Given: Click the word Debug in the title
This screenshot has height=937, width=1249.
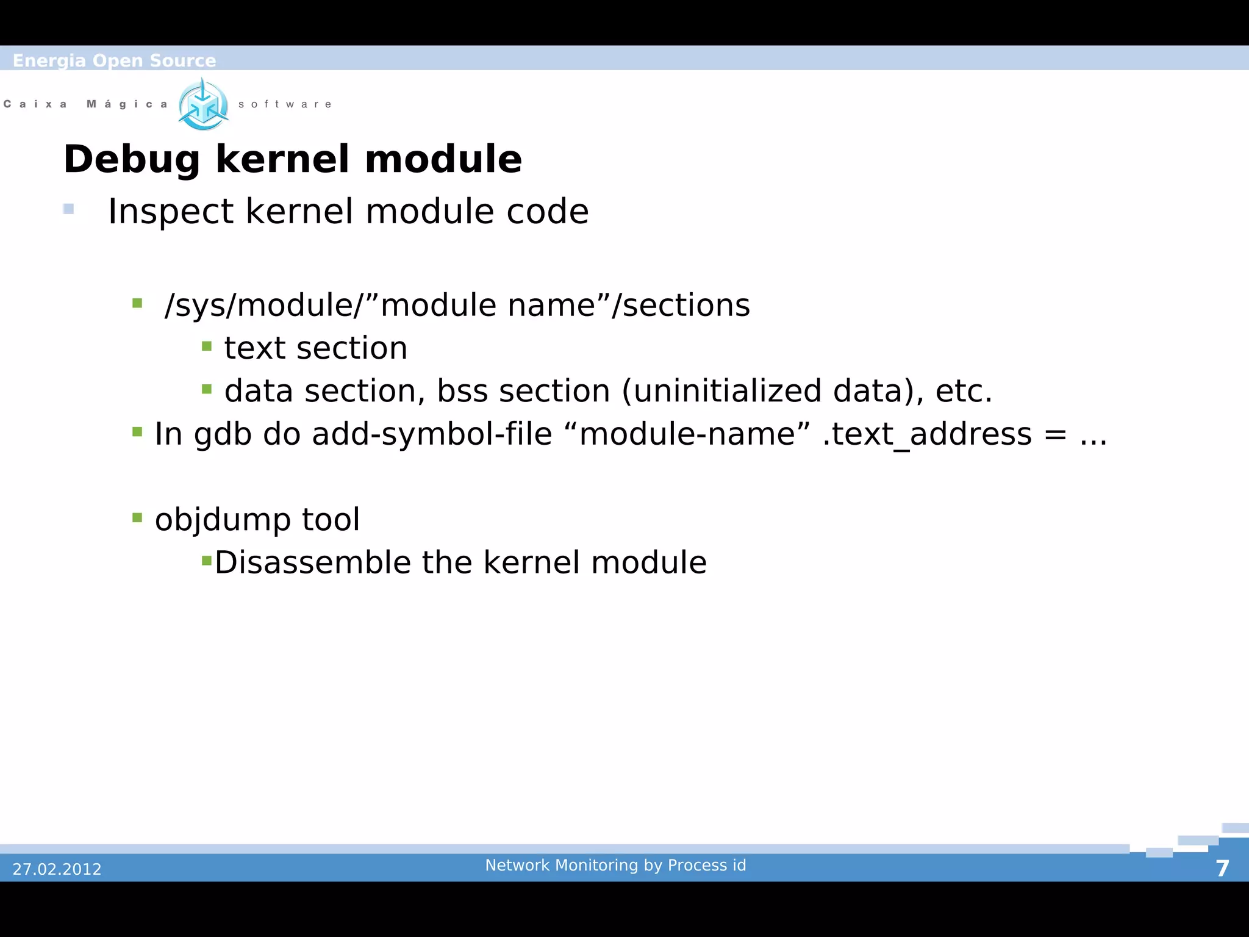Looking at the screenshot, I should click(x=131, y=160).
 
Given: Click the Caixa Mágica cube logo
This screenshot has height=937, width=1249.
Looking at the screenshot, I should click(x=204, y=105).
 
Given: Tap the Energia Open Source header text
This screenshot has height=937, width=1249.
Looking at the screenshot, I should click(x=114, y=60).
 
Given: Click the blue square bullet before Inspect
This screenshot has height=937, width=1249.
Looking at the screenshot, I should click(x=68, y=209).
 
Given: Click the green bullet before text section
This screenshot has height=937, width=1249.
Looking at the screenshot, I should click(x=207, y=346).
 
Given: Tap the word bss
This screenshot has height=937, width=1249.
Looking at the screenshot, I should click(x=462, y=391).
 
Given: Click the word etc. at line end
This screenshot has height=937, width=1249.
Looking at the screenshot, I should click(x=964, y=391).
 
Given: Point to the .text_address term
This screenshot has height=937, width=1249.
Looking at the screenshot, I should click(x=927, y=435).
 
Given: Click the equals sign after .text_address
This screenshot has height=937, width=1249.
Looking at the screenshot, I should click(x=1056, y=435).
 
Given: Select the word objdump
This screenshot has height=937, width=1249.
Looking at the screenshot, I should click(x=223, y=520).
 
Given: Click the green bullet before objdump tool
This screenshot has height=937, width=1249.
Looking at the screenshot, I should click(x=137, y=519).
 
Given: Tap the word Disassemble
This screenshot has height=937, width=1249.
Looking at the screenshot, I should click(x=313, y=562).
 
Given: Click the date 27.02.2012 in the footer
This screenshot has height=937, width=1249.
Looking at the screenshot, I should click(x=57, y=869).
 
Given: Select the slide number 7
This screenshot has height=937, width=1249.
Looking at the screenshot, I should click(x=1222, y=869).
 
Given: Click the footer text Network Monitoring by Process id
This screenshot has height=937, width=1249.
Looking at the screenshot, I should click(x=615, y=865).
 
